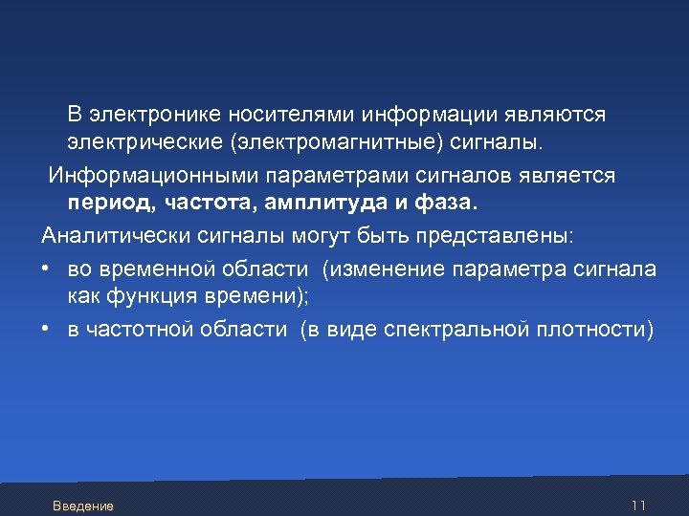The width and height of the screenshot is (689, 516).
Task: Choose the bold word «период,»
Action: tap(111, 204)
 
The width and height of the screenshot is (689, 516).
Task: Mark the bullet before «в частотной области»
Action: tap(46, 331)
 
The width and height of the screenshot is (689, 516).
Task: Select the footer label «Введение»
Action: tap(83, 505)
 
